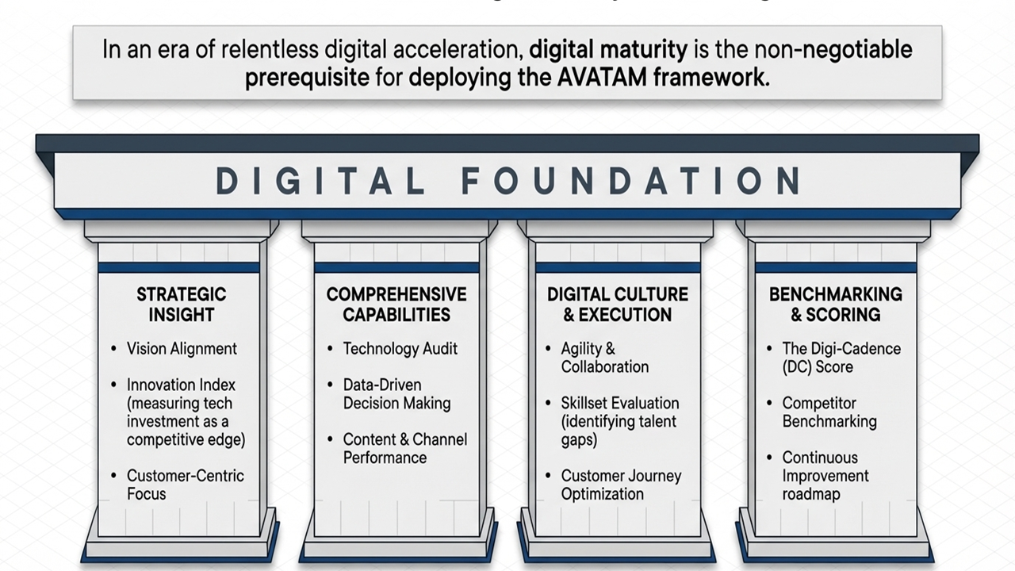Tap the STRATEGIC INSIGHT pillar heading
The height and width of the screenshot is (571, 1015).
pos(181,305)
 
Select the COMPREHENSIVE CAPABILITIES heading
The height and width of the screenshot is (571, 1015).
pos(396,305)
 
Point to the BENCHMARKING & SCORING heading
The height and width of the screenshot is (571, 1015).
pos(835,305)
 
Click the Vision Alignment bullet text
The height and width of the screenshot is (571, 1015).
pos(182,348)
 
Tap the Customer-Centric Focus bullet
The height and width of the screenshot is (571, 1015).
pos(185,485)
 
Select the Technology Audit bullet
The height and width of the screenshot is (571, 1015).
pos(400,348)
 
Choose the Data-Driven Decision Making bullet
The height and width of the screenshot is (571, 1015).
pos(396,394)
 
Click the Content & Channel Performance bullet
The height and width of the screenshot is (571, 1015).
pos(404,448)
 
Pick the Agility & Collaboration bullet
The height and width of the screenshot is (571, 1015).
pos(604,358)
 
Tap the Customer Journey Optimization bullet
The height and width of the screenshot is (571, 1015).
pos(621,485)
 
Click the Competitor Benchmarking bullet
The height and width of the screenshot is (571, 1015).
pos(829,412)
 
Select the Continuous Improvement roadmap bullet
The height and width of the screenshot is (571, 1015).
pos(825,475)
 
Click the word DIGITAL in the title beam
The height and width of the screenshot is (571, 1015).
pos(320,182)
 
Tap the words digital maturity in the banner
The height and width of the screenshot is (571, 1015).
pos(608,50)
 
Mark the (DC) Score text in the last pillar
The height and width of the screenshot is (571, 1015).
pos(818,367)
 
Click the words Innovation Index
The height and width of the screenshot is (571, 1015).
pos(181,385)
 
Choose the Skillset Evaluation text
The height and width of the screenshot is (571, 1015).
pos(619,403)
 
